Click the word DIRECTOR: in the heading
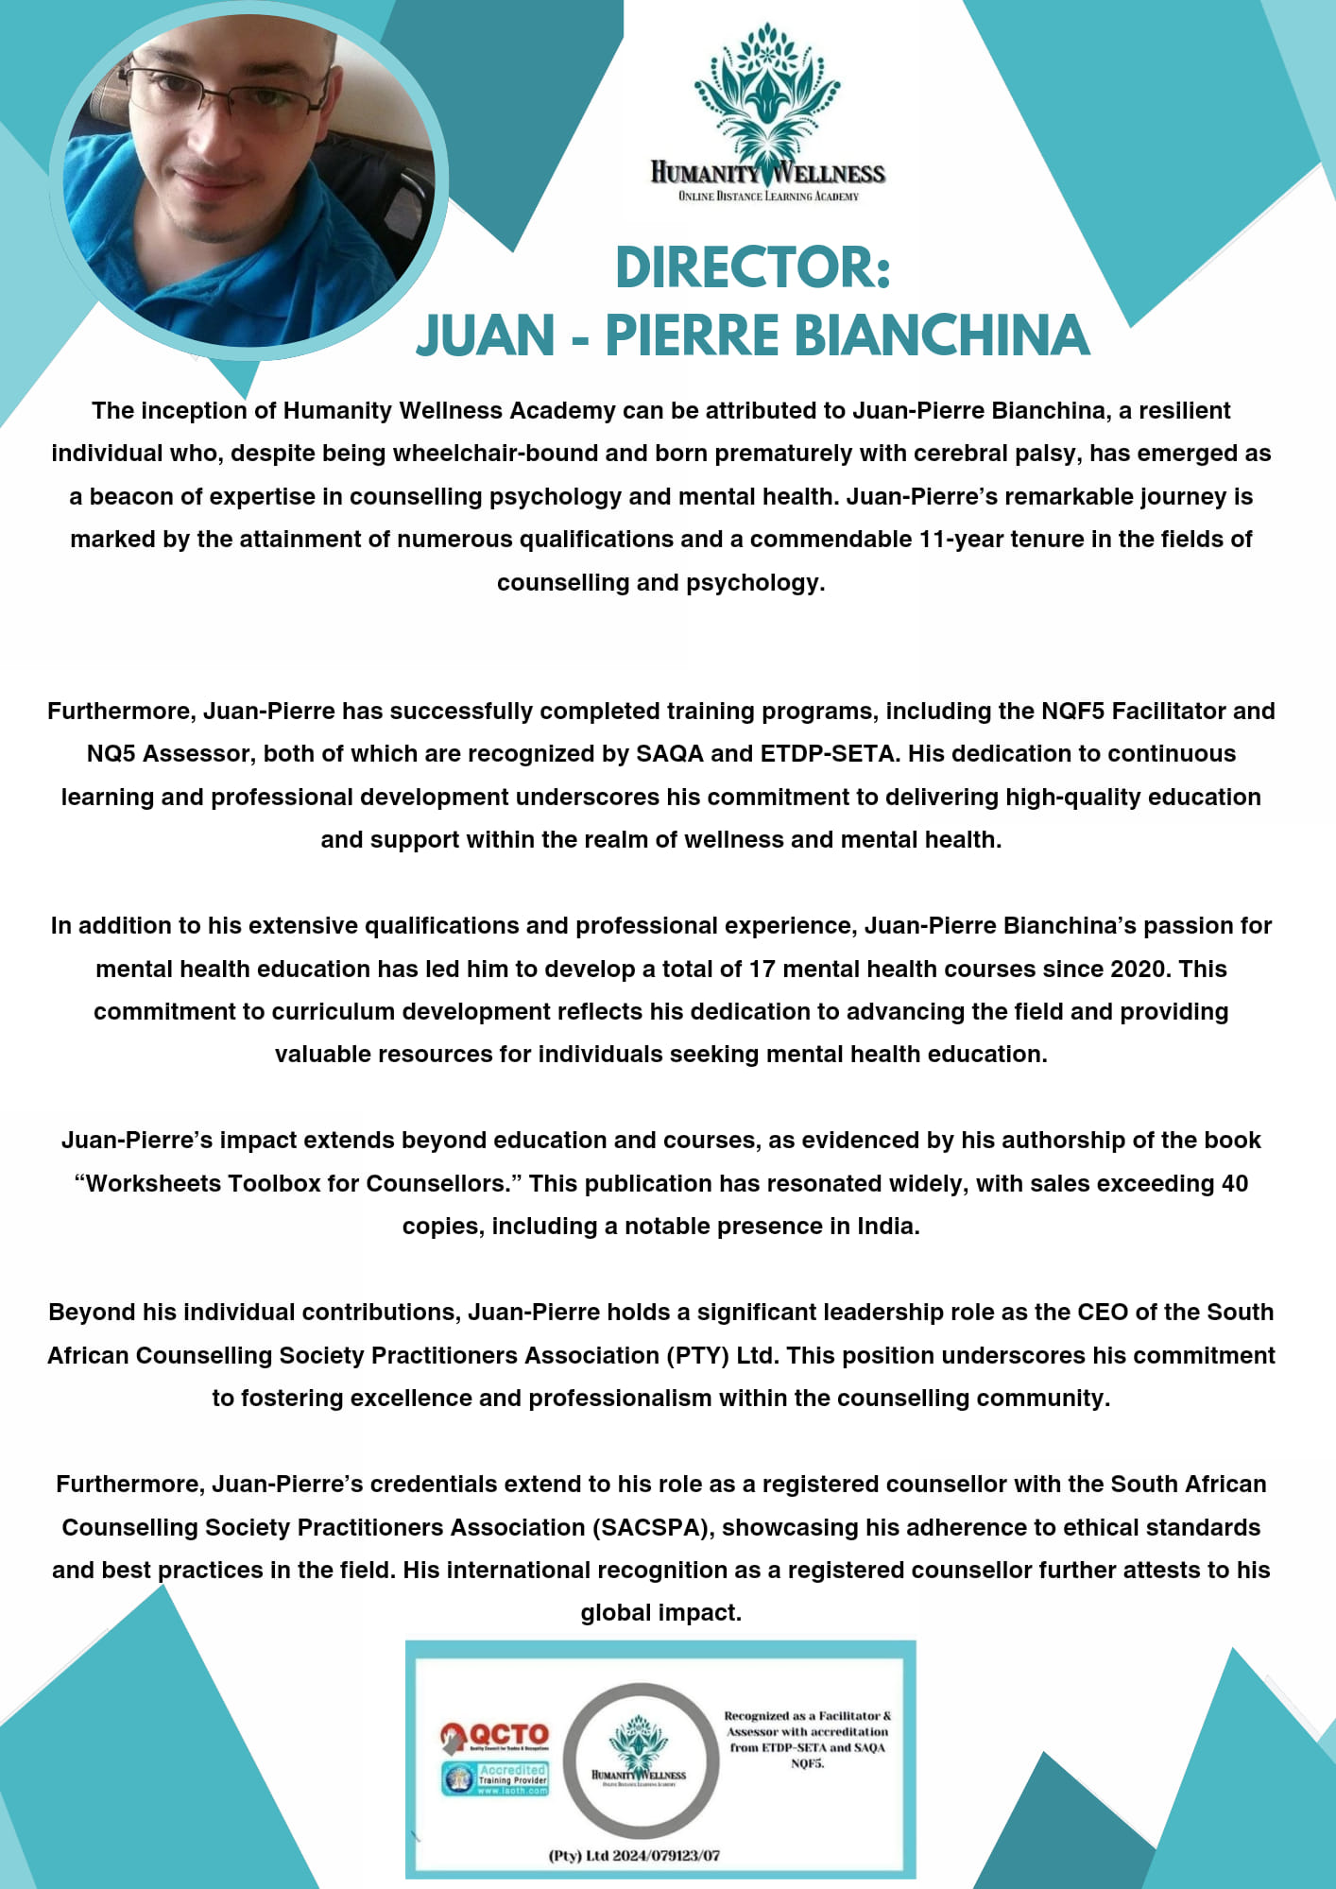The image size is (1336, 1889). click(x=753, y=267)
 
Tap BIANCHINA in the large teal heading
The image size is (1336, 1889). click(x=941, y=335)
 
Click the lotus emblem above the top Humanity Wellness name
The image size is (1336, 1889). click(x=767, y=94)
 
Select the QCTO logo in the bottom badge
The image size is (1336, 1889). click(x=494, y=1735)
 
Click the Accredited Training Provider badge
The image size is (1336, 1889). click(x=495, y=1778)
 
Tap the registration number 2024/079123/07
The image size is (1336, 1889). click(x=666, y=1855)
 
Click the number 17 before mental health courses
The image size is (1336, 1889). click(x=762, y=969)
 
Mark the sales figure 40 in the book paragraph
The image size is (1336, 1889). click(x=1235, y=1183)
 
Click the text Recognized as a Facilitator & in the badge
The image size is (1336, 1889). click(x=808, y=1715)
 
